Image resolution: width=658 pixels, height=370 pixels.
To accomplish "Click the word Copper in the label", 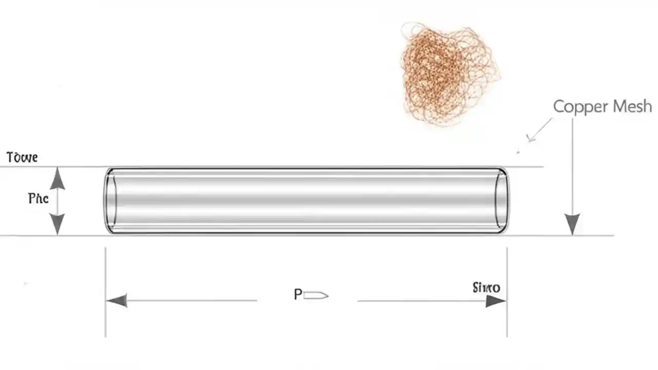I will tap(575, 107).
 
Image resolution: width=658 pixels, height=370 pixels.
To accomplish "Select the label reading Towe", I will tap(22, 157).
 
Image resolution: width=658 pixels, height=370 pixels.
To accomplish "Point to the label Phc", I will tap(38, 198).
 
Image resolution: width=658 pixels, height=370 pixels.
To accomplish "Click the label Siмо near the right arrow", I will tap(486, 287).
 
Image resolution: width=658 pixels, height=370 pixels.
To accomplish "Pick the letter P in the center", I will tap(298, 294).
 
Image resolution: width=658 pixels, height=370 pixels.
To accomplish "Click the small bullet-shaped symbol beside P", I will tap(316, 295).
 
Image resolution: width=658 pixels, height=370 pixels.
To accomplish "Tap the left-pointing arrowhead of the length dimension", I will tap(117, 301).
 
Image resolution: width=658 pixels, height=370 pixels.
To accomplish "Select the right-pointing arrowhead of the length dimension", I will tap(496, 301).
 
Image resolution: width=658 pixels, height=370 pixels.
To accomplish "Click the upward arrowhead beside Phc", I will tap(58, 179).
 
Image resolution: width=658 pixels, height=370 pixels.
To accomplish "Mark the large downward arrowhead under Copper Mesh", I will tap(572, 225).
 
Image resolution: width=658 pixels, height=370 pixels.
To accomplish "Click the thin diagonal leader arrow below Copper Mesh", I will tap(539, 130).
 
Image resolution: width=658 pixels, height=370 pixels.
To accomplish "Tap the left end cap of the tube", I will tap(110, 200).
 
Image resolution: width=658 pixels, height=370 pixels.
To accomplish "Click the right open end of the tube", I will tap(501, 200).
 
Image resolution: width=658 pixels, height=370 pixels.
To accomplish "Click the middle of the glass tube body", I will tap(306, 200).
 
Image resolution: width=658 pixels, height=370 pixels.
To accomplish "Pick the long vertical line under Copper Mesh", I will tap(572, 164).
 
